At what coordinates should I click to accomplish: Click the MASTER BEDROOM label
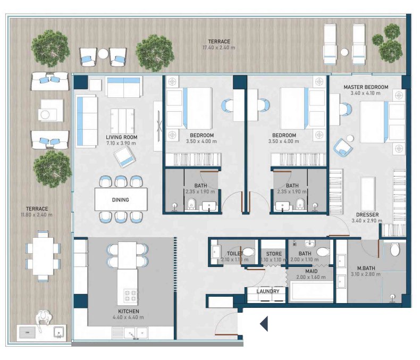(x=366, y=87)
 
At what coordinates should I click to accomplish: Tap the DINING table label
(x=121, y=200)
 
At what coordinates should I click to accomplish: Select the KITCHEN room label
(x=129, y=311)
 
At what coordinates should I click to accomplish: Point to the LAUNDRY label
(x=268, y=291)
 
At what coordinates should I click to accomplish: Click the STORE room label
(x=274, y=254)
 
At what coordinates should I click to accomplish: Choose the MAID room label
(x=311, y=271)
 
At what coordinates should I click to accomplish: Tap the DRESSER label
(x=367, y=215)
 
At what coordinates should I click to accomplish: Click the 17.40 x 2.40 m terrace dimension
(x=219, y=48)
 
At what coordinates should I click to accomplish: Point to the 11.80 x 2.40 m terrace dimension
(x=37, y=215)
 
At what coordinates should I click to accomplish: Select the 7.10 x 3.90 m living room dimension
(x=121, y=143)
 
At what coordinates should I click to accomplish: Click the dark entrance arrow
(x=264, y=323)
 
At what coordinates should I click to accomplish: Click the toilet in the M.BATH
(x=394, y=249)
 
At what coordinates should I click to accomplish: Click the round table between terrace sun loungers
(x=345, y=52)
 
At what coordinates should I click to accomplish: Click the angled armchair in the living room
(x=124, y=157)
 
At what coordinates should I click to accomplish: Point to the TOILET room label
(x=235, y=254)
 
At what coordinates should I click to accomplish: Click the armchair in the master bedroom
(x=343, y=147)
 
